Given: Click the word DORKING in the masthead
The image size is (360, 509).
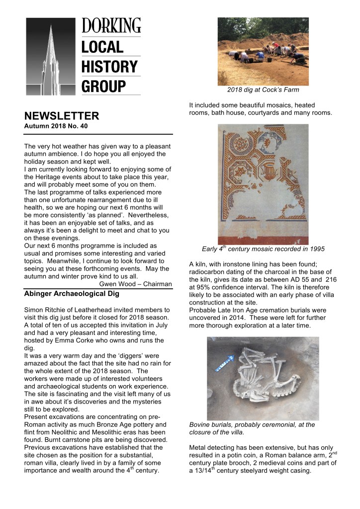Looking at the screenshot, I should coord(111,25).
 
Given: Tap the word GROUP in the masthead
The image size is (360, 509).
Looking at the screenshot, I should coord(104,85).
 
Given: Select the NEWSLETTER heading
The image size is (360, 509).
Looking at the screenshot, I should coord(62,116).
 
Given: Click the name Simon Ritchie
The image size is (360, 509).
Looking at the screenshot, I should coord(47,310).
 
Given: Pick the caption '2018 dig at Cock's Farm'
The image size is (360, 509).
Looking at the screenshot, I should coord(263,90).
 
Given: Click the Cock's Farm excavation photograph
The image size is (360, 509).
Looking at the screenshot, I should coord(263,51).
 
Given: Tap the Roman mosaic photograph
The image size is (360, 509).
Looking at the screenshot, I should coord(263,184).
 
